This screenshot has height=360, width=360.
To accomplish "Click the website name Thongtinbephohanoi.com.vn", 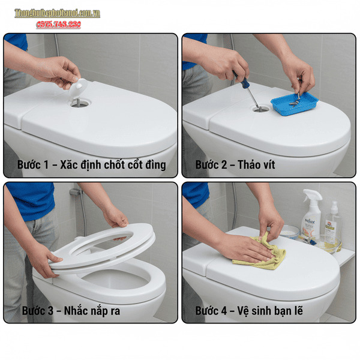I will click(57, 13).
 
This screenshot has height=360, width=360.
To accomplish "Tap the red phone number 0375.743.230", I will click(58, 25).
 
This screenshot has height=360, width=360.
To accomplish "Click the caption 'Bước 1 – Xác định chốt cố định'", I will click(91, 164).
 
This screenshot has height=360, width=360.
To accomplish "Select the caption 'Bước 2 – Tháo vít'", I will click(235, 164).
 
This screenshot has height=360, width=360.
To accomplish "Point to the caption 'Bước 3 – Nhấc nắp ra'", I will click(71, 311).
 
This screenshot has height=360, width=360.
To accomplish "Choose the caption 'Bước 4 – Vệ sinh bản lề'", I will click(251, 311).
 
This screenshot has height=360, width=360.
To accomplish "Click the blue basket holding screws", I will click(293, 103).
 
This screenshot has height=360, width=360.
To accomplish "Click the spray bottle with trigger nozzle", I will click(311, 217).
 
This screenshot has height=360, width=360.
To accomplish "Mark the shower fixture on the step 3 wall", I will click(76, 193).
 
